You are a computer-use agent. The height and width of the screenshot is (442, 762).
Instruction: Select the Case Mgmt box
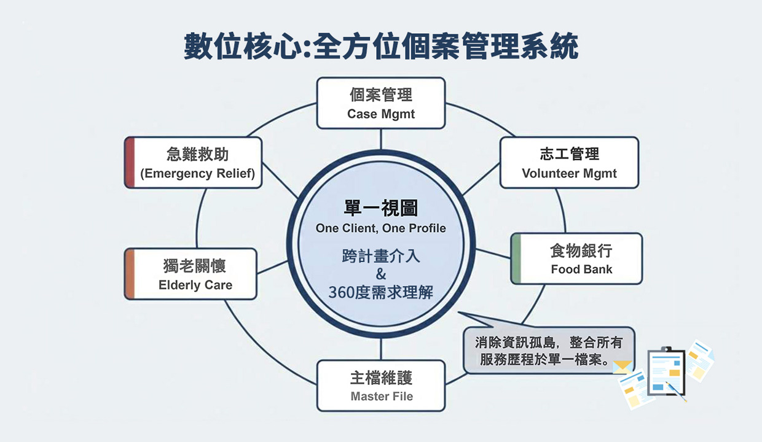click(x=381, y=103)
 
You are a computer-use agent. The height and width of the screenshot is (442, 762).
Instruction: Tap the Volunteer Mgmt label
click(x=569, y=174)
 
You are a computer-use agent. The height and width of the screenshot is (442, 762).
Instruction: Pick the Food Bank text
click(x=581, y=269)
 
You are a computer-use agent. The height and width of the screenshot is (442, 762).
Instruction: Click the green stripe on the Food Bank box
click(x=516, y=258)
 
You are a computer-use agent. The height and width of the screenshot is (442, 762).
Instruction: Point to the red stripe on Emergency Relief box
click(x=129, y=163)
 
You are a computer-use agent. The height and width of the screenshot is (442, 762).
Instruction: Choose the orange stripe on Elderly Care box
click(x=129, y=274)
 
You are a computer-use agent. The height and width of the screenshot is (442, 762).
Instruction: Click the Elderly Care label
click(x=195, y=285)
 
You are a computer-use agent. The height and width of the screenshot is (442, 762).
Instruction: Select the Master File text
click(x=382, y=397)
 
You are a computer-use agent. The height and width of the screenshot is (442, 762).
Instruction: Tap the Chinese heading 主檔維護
click(x=381, y=378)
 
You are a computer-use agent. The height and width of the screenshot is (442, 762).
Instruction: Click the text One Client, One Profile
click(x=381, y=229)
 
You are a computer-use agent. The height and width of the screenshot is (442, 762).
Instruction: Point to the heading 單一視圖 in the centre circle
click(x=381, y=209)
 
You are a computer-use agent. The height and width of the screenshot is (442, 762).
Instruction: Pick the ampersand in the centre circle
click(x=381, y=274)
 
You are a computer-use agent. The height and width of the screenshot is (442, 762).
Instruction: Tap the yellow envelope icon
click(x=623, y=367)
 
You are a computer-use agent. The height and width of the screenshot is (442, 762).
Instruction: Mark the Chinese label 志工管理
click(x=569, y=154)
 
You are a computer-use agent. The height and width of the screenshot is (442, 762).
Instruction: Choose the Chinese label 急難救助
click(x=197, y=154)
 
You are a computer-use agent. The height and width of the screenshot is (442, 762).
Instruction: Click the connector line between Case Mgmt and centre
click(x=381, y=139)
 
